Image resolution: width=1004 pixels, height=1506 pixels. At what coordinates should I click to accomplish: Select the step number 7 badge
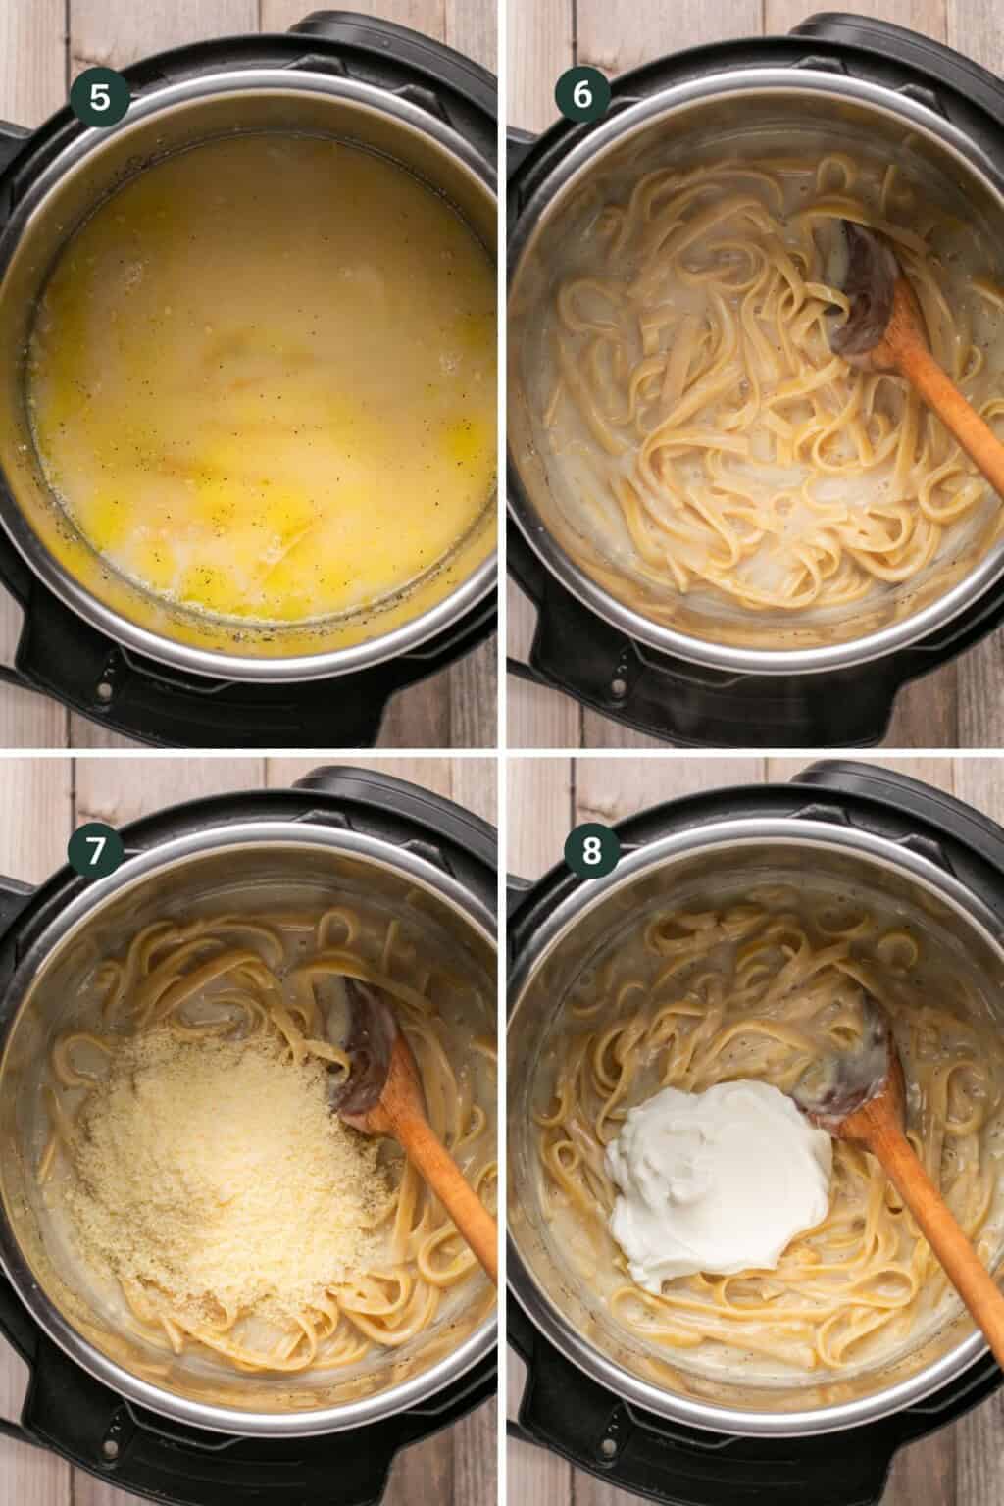click(95, 851)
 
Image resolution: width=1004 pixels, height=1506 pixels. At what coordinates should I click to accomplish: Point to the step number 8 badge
click(591, 851)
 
